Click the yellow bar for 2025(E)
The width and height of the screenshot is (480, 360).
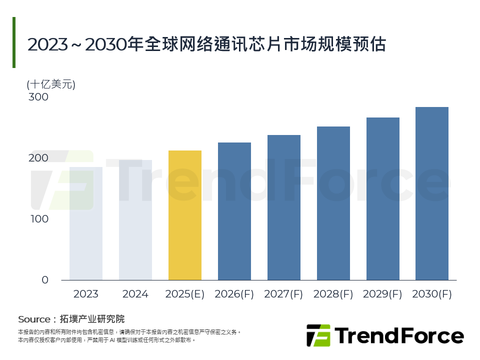[185, 215]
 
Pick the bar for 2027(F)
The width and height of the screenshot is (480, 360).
[284, 207]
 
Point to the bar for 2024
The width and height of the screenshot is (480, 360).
[135, 220]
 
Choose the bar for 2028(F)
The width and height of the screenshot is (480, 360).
[333, 203]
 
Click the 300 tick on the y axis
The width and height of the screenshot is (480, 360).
[38, 97]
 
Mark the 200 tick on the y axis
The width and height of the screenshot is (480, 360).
[38, 158]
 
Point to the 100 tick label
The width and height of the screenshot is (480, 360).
[38, 219]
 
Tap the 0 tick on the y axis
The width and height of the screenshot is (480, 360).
[45, 280]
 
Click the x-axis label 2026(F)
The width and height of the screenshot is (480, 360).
[234, 294]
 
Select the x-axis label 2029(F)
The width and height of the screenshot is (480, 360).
[383, 294]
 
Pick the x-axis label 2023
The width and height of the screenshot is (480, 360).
[86, 294]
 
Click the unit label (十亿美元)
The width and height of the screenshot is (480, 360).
[51, 84]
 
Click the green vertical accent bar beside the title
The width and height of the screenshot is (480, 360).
[14, 42]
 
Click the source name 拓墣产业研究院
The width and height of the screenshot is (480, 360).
[91, 319]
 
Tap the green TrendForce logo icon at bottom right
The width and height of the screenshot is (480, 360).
[318, 335]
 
